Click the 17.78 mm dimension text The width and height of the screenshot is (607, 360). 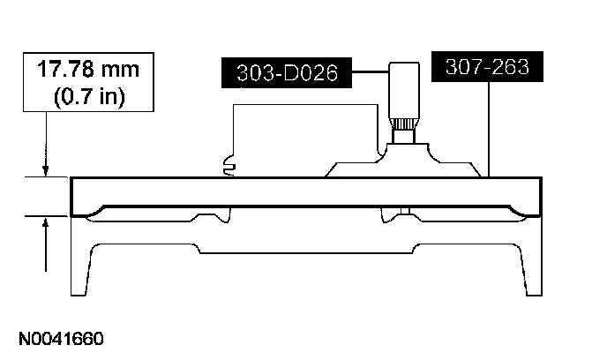(x=88, y=70)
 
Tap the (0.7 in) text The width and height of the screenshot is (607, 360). (x=89, y=96)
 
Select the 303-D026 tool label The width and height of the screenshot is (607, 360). (x=287, y=72)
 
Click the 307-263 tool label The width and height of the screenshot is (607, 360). (x=487, y=66)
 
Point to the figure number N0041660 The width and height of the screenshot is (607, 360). (x=61, y=339)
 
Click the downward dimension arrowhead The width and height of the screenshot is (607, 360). (x=46, y=170)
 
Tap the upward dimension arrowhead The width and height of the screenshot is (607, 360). (x=46, y=223)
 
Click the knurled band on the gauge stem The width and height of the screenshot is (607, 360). (x=404, y=124)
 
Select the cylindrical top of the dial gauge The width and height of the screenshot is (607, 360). (x=404, y=90)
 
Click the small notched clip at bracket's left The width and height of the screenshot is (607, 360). (x=229, y=167)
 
